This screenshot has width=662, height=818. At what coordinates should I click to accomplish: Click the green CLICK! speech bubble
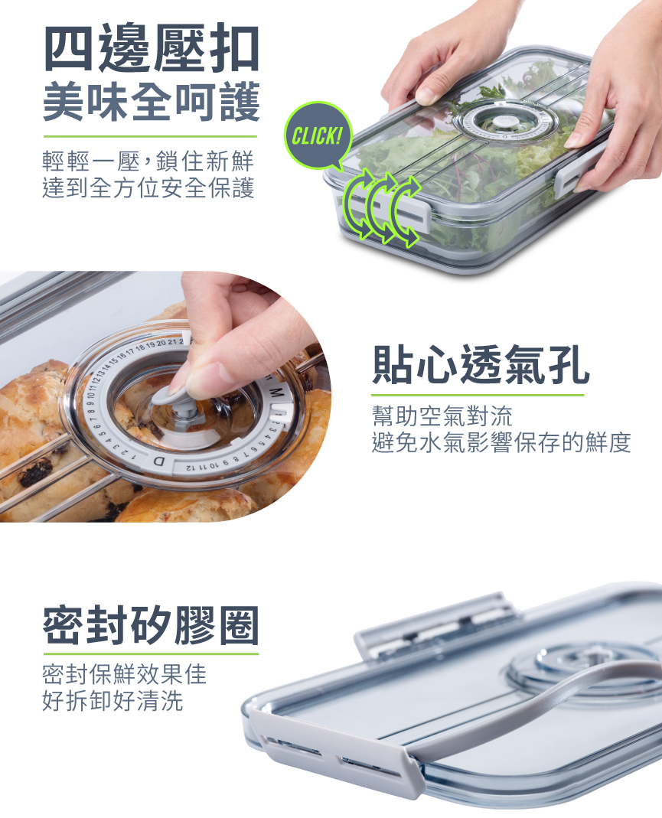pos(317,135)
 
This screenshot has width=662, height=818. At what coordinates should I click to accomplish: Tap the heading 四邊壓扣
pos(152,48)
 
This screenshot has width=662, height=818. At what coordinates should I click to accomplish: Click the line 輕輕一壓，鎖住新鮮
pos(148,161)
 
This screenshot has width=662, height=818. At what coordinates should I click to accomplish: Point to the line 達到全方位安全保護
pos(148,188)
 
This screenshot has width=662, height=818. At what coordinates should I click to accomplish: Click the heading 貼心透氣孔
pos(481,365)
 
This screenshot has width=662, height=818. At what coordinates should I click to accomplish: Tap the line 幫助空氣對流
pos(442,416)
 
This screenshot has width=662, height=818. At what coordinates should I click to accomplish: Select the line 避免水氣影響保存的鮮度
pos(501,442)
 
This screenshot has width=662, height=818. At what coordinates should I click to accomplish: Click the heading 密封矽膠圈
pos(151,625)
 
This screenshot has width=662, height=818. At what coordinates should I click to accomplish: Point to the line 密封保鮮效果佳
pos(124,674)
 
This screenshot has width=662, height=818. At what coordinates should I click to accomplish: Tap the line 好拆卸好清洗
pos(113,701)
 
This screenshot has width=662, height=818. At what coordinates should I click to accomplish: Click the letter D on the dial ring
pos(158,462)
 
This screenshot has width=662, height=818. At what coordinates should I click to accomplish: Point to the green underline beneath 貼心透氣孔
pos(478,395)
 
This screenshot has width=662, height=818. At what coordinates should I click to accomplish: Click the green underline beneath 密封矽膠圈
pos(151,653)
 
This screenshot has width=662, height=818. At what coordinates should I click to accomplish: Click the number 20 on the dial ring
pos(161,343)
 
